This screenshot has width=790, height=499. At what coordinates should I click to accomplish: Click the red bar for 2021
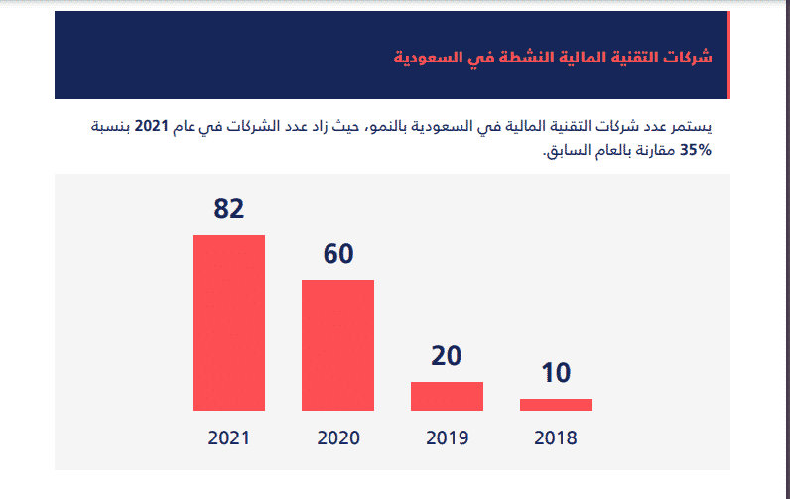click(x=228, y=322)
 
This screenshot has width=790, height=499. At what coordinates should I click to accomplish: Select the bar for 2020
click(x=337, y=345)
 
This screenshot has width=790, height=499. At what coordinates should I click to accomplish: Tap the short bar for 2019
click(x=447, y=396)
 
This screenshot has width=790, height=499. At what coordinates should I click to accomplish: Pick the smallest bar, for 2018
click(x=556, y=404)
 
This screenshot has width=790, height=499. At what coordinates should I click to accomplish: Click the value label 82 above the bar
click(x=228, y=209)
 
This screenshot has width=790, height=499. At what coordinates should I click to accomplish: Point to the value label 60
click(x=338, y=254)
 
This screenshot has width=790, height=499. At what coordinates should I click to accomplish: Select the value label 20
click(x=447, y=356)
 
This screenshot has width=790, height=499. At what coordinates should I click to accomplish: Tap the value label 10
click(x=556, y=373)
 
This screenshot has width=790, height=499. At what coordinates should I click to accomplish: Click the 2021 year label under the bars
click(x=229, y=437)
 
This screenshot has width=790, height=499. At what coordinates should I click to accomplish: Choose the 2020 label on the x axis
click(x=338, y=437)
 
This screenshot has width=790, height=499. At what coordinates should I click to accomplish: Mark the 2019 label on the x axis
click(x=447, y=437)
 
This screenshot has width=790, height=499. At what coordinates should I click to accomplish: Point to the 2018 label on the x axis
click(x=556, y=437)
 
